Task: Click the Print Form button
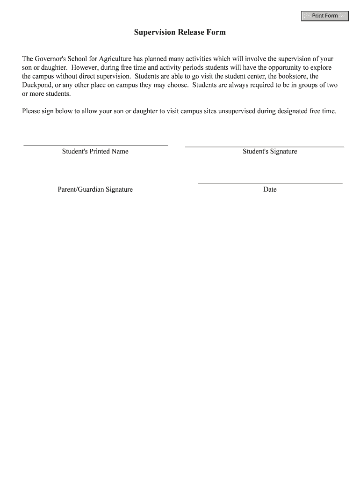(x=325, y=16)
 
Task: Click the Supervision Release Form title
(x=180, y=32)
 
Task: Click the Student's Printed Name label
(x=95, y=152)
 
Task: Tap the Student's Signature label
(x=270, y=152)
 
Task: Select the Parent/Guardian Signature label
(x=95, y=189)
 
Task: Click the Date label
(x=270, y=189)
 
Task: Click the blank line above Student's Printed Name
(x=95, y=145)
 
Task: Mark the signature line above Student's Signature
(x=265, y=147)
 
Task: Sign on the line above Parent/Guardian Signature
(x=95, y=185)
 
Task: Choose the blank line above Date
(x=270, y=182)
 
